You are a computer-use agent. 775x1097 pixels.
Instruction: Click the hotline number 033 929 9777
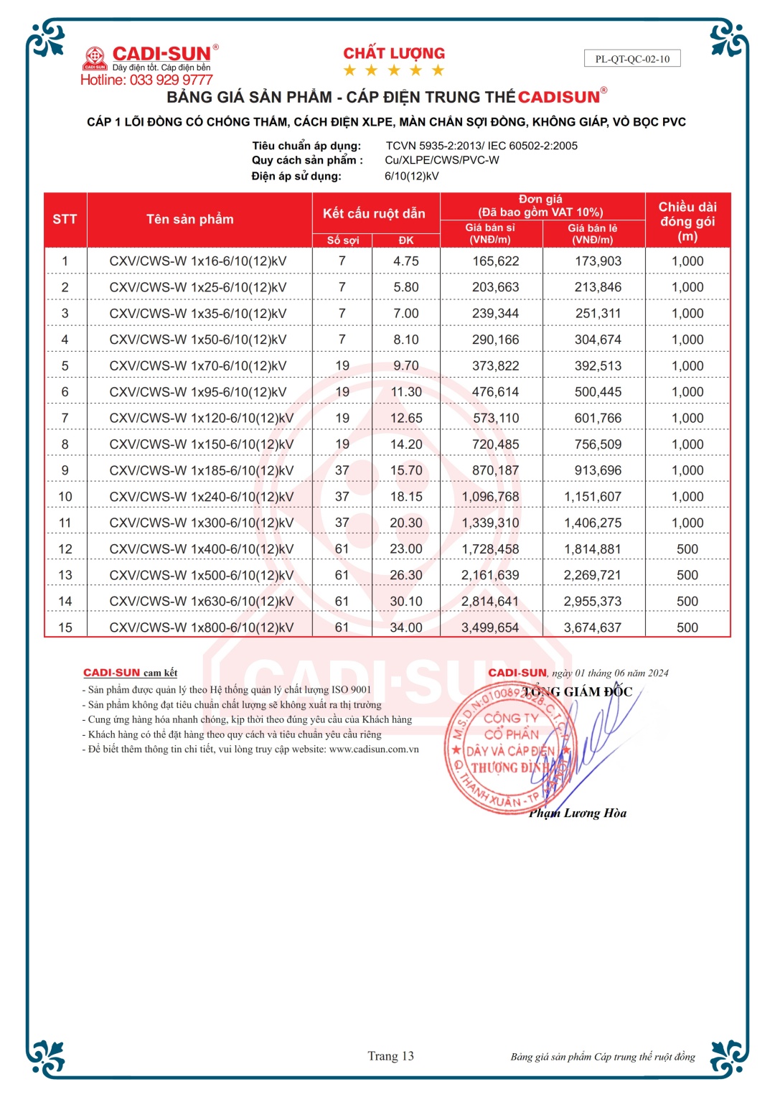point(171,80)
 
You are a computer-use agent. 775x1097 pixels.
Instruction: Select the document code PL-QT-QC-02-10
point(632,59)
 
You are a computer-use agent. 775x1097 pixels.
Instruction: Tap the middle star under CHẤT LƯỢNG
point(394,70)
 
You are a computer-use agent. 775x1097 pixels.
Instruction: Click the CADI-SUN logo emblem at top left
point(95,57)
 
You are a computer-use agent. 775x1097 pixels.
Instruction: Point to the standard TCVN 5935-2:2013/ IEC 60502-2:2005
point(482,146)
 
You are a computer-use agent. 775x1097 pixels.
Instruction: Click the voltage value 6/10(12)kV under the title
point(412,176)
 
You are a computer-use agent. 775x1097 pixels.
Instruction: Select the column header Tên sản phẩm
point(190,219)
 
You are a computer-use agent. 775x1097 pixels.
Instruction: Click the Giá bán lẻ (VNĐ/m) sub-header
point(593,233)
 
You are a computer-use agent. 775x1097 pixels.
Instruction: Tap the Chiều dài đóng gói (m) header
point(687,220)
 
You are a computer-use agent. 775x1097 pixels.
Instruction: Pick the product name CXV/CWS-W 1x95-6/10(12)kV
point(198,392)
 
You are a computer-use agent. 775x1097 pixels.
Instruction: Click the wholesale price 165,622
point(495,261)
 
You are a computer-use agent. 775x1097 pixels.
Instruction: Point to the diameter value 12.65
point(406,418)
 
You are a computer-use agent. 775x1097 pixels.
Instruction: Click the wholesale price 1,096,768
point(491,497)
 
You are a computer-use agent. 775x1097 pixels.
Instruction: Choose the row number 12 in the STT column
point(65,549)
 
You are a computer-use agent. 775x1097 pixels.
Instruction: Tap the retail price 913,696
point(598,470)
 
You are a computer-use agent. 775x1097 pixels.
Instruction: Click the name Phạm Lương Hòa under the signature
point(578,813)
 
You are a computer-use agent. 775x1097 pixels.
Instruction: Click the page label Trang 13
point(390,1055)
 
